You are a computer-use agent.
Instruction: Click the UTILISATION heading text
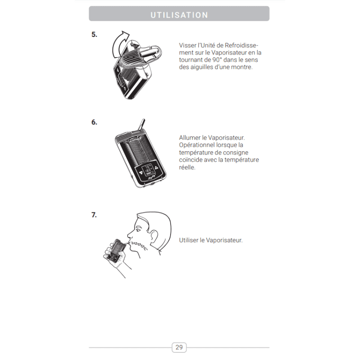pyautogui.click(x=179, y=15)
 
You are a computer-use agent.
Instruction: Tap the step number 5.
pyautogui.click(x=94, y=35)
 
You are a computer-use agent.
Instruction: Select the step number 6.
pyautogui.click(x=94, y=122)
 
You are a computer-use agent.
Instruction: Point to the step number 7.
pyautogui.click(x=94, y=215)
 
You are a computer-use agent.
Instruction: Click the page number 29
pyautogui.click(x=179, y=347)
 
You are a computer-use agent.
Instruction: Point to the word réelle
pyautogui.click(x=187, y=167)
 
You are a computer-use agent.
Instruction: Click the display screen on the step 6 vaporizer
pyautogui.click(x=148, y=169)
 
